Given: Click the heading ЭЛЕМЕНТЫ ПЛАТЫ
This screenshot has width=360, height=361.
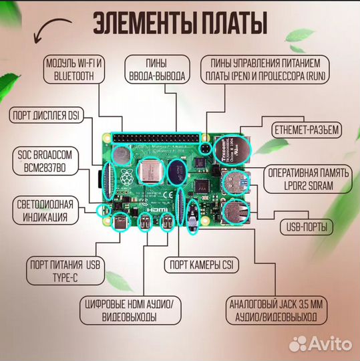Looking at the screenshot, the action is point(180,23).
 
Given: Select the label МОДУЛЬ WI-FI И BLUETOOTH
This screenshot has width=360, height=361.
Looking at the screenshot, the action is point(74,70).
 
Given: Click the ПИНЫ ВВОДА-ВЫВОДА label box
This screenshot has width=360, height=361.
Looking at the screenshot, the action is point(157,70).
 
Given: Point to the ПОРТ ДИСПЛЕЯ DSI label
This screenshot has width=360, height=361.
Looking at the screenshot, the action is point(46,115).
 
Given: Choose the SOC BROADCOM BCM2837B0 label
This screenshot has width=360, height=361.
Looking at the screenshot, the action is point(45,161).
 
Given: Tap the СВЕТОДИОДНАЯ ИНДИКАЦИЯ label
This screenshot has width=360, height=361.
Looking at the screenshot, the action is point(45,211).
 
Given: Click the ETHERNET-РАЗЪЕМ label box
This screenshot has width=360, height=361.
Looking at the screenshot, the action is point(307,130).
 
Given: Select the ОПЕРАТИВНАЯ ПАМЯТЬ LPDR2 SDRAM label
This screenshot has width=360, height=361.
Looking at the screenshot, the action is point(308,179).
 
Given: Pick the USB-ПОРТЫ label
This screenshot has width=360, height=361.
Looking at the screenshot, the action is point(307,227).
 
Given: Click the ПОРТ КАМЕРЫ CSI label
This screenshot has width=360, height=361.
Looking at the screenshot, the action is point(202,265).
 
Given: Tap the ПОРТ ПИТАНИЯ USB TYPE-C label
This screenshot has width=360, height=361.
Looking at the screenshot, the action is point(65,271).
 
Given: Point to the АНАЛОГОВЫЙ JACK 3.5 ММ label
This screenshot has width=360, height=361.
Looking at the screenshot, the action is point(277,310).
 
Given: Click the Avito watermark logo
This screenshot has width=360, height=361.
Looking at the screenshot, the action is point(321,344).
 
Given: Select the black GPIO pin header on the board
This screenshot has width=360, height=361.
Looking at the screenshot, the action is point(156,138).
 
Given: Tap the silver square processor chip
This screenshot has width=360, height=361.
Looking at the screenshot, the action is point(151,172).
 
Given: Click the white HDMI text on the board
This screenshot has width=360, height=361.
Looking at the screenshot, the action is point(158,210).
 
